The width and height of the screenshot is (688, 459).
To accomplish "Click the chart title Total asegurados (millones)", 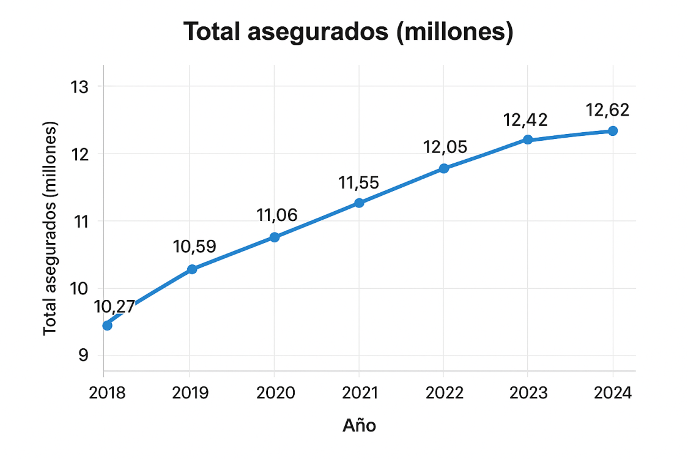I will click(348, 32).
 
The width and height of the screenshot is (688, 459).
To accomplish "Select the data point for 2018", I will click(107, 325).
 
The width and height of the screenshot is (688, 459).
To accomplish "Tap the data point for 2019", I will click(192, 269).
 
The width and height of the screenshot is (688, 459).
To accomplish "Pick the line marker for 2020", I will click(275, 237).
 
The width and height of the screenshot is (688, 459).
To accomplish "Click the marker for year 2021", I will click(359, 203).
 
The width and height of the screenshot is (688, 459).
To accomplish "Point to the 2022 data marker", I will click(444, 168).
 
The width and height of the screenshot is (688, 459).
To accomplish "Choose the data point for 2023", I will click(528, 140).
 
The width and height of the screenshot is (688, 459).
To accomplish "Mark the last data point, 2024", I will click(613, 131).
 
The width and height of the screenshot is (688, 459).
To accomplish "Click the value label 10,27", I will click(114, 307).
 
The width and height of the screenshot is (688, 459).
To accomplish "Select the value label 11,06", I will click(277, 215).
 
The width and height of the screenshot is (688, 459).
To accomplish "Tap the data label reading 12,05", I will click(445, 147).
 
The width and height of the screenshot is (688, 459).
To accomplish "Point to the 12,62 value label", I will click(607, 111).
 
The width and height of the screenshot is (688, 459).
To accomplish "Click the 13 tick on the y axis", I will click(80, 87).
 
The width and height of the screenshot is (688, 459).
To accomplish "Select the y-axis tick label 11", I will click(80, 221).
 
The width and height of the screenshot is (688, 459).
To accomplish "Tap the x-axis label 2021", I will click(359, 392).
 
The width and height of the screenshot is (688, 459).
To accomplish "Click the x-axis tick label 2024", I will click(613, 392).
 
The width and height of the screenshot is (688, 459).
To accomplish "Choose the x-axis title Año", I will click(359, 425).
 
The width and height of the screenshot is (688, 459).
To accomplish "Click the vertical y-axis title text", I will click(50, 228).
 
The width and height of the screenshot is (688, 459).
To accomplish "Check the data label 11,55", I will click(359, 182).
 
